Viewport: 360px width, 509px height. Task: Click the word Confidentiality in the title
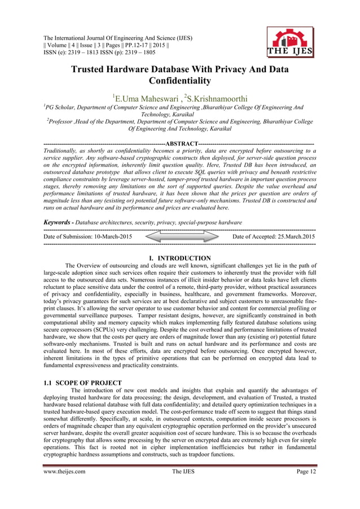[179, 81]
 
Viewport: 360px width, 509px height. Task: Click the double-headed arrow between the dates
[181, 236]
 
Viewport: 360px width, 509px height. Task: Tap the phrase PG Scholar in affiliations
[63, 107]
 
